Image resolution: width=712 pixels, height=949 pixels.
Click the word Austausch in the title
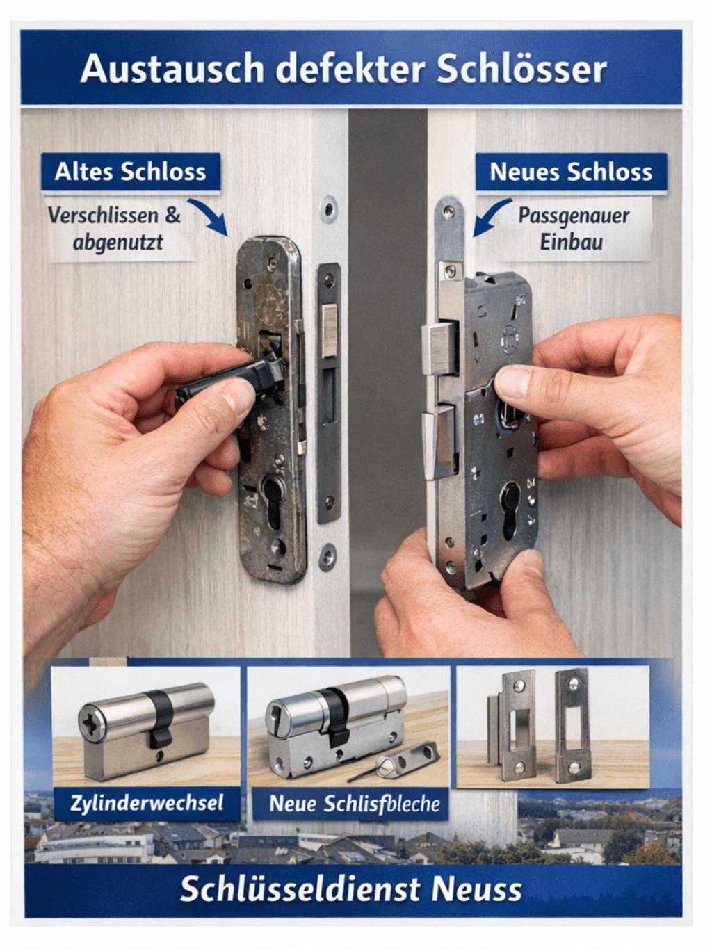(x=172, y=69)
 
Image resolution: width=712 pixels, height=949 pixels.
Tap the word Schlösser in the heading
(x=521, y=69)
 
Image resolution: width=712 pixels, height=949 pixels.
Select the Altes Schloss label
(x=131, y=172)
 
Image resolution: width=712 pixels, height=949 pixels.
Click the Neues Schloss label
(x=571, y=172)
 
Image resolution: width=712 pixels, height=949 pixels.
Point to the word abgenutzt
(x=118, y=242)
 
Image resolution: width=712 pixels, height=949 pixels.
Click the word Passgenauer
(x=574, y=216)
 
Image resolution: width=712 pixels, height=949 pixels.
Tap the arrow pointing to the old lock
(x=209, y=216)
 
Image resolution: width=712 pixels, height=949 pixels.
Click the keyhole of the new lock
(x=510, y=510)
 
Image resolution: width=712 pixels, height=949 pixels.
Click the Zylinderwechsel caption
(x=147, y=803)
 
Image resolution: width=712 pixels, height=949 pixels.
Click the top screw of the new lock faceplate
(x=450, y=211)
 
